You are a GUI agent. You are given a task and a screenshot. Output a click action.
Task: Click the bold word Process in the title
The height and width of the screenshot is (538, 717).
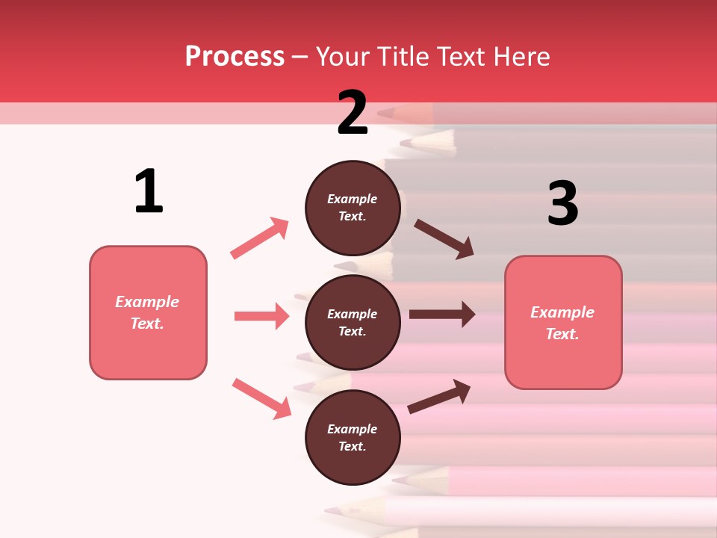(x=235, y=57)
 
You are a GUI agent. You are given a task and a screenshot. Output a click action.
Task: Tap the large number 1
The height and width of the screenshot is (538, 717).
(x=149, y=191)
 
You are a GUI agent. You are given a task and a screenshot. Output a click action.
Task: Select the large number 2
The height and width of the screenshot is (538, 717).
(x=353, y=113)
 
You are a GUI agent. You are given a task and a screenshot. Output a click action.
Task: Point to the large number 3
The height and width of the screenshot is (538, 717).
(x=562, y=204)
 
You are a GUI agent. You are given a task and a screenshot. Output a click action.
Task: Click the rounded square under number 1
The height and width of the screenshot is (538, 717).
(x=148, y=312)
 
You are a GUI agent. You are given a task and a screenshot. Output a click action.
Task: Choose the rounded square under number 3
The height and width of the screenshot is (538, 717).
(x=563, y=322)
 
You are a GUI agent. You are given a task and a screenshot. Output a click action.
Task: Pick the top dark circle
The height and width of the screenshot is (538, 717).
(x=353, y=208)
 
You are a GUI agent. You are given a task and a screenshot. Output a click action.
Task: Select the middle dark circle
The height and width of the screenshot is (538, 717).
(x=353, y=322)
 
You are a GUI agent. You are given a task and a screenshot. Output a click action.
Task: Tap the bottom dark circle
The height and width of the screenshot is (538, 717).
(x=353, y=437)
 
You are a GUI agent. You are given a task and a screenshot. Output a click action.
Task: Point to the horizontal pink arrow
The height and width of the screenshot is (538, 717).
(x=261, y=316)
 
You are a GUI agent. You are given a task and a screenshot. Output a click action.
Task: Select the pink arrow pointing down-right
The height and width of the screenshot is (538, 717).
(x=261, y=398)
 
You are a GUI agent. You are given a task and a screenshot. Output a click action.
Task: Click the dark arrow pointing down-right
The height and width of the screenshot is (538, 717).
(x=444, y=239)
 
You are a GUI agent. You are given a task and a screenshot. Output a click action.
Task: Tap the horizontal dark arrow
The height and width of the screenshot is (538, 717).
(x=442, y=315)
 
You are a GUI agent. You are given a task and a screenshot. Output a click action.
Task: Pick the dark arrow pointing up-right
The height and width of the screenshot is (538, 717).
(x=439, y=396)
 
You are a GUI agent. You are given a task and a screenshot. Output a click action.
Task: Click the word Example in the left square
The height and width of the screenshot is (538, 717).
(x=147, y=302)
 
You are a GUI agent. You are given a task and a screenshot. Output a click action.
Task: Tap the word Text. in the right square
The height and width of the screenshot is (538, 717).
(x=562, y=334)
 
